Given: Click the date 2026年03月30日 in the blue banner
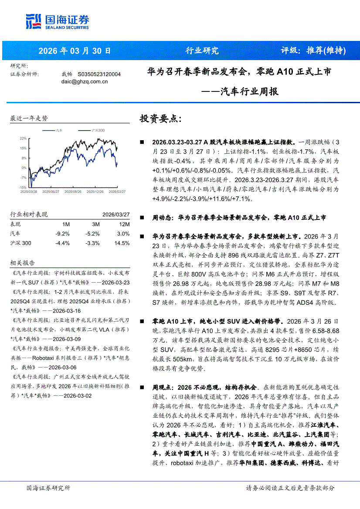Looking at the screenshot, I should point(75,51).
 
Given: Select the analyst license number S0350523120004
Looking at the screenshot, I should point(99,74).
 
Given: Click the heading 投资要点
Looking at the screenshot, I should point(160,119).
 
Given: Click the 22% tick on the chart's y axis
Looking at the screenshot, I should point(23,138).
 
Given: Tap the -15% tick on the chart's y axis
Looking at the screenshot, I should point(23,187).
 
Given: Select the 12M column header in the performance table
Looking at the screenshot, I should point(124,224).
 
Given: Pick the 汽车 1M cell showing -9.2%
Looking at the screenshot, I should point(62,234).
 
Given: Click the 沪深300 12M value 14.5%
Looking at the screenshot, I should point(122,243).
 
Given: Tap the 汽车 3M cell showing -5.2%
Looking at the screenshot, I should point(92,234).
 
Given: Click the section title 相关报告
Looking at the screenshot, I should point(22,263).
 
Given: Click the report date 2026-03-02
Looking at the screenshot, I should point(76,395).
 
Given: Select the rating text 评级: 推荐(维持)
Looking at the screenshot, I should point(313,51).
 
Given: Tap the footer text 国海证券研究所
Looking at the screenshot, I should point(48,488).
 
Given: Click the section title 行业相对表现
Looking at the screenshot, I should point(28,215).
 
